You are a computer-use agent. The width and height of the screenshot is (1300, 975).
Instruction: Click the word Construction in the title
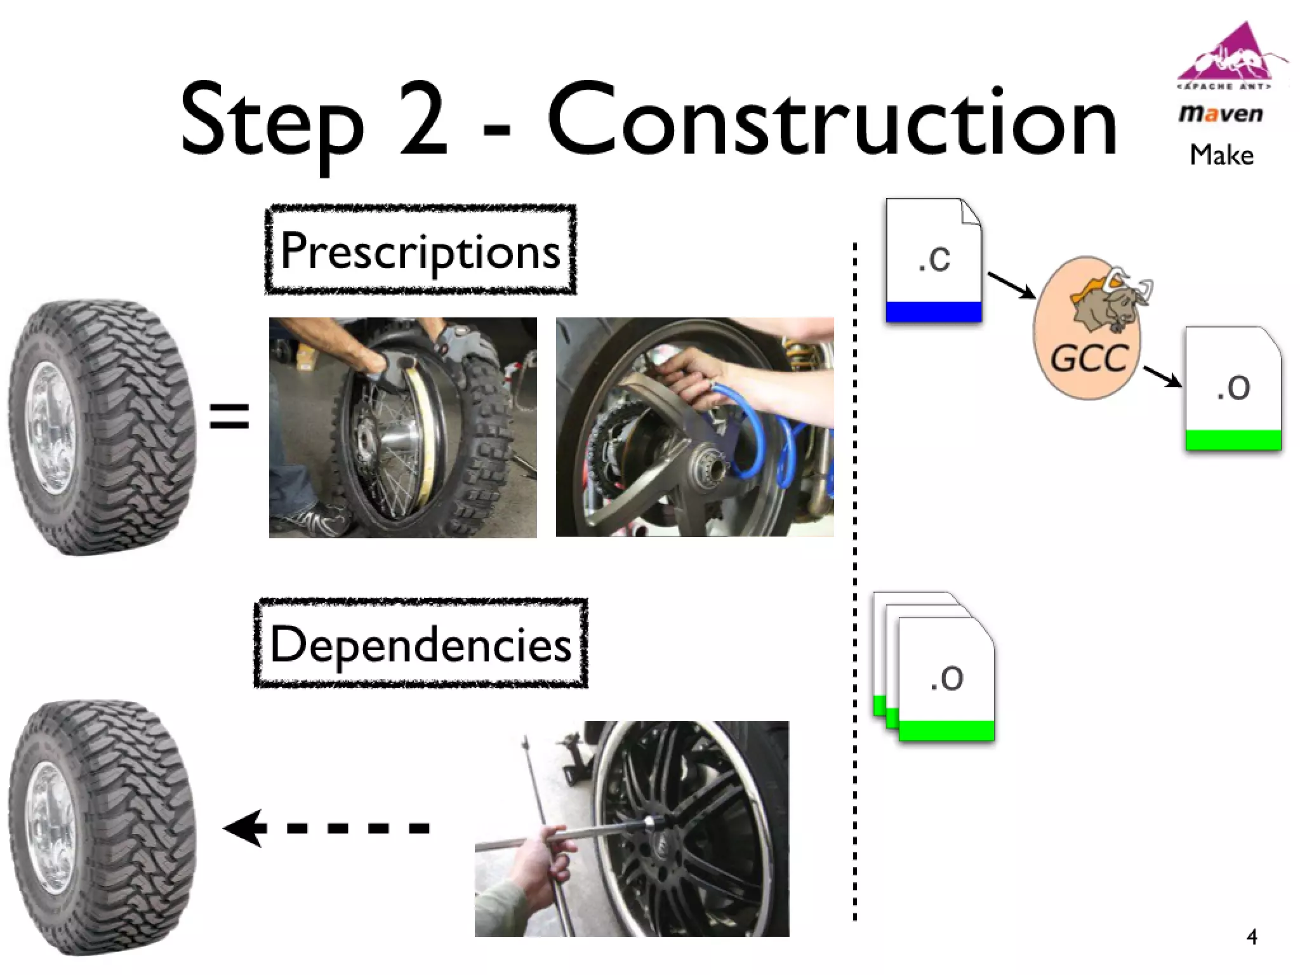click(x=832, y=121)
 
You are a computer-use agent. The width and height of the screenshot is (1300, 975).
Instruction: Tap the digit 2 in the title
click(x=423, y=121)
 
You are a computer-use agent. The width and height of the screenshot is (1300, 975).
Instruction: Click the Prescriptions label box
click(x=420, y=249)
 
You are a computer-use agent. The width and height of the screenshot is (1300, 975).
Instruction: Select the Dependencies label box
click(x=420, y=643)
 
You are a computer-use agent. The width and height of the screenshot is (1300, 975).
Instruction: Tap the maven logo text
click(x=1220, y=114)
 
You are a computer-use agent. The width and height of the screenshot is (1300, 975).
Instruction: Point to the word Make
click(x=1221, y=155)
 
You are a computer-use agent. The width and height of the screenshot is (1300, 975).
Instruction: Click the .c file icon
click(x=933, y=260)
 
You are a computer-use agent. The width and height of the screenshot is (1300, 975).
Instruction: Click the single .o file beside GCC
click(x=1233, y=388)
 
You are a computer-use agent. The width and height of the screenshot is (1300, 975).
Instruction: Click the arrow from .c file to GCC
click(x=1011, y=285)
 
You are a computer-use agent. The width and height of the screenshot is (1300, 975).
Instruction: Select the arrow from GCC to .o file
click(x=1162, y=376)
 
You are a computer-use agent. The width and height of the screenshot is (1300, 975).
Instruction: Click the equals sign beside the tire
click(x=229, y=416)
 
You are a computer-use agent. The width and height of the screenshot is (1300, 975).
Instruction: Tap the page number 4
click(x=1251, y=937)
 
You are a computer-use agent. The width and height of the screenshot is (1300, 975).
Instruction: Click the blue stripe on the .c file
click(x=933, y=312)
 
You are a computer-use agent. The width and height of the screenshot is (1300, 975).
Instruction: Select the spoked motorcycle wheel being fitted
click(x=387, y=438)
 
